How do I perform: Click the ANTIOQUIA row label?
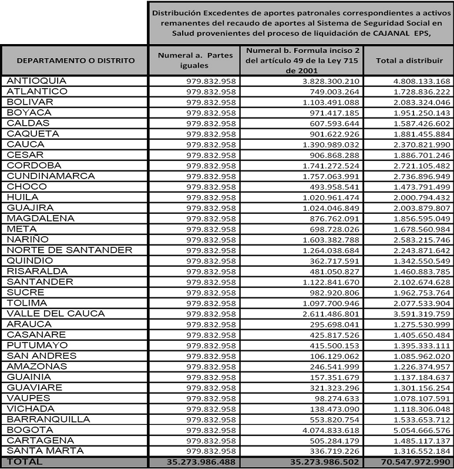click(36, 81)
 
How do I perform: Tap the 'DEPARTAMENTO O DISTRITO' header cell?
click(75, 60)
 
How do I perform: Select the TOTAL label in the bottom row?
click(24, 462)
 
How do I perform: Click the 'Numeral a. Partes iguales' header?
click(196, 60)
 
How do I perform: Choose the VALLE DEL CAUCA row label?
click(56, 313)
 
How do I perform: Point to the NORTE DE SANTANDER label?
click(69, 250)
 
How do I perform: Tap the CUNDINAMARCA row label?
click(51, 176)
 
